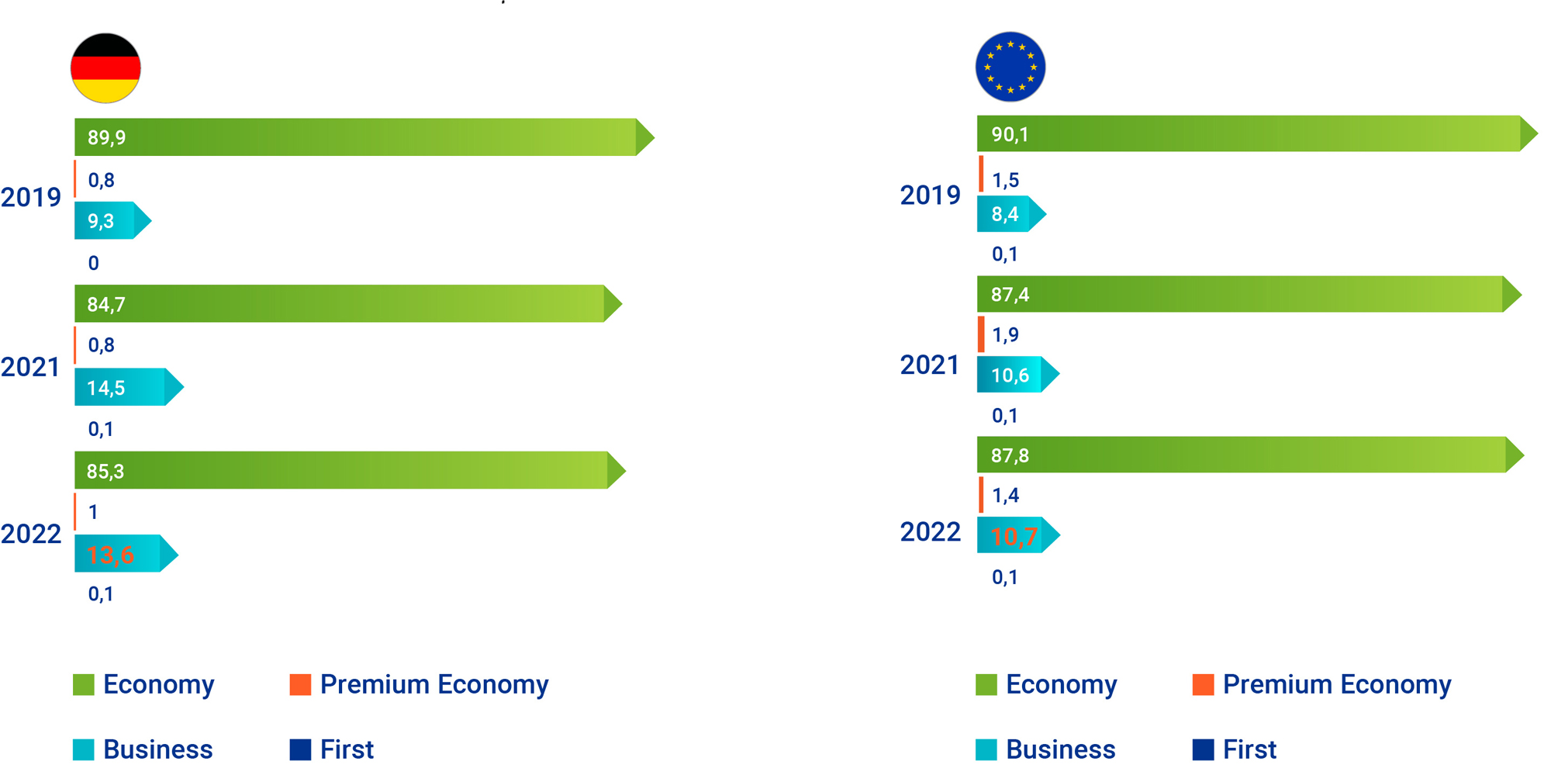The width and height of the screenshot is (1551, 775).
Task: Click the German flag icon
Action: (x=105, y=68)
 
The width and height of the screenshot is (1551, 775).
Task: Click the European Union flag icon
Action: (x=1010, y=67)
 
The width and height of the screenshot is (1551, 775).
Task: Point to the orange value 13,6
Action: (x=110, y=555)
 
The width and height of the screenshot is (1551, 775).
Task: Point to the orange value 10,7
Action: (x=1014, y=536)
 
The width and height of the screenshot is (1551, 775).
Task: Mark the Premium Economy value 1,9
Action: (x=1006, y=335)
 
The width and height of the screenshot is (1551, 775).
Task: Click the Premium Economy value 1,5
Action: (x=1006, y=181)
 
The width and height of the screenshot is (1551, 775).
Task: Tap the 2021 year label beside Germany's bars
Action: (x=31, y=366)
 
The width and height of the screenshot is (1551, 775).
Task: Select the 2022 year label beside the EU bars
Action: (x=930, y=531)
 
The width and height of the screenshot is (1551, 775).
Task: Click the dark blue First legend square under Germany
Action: (x=300, y=749)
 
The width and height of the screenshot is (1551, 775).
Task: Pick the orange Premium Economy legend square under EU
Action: (x=1203, y=684)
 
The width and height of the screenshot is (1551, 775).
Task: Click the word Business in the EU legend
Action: (x=1060, y=749)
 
